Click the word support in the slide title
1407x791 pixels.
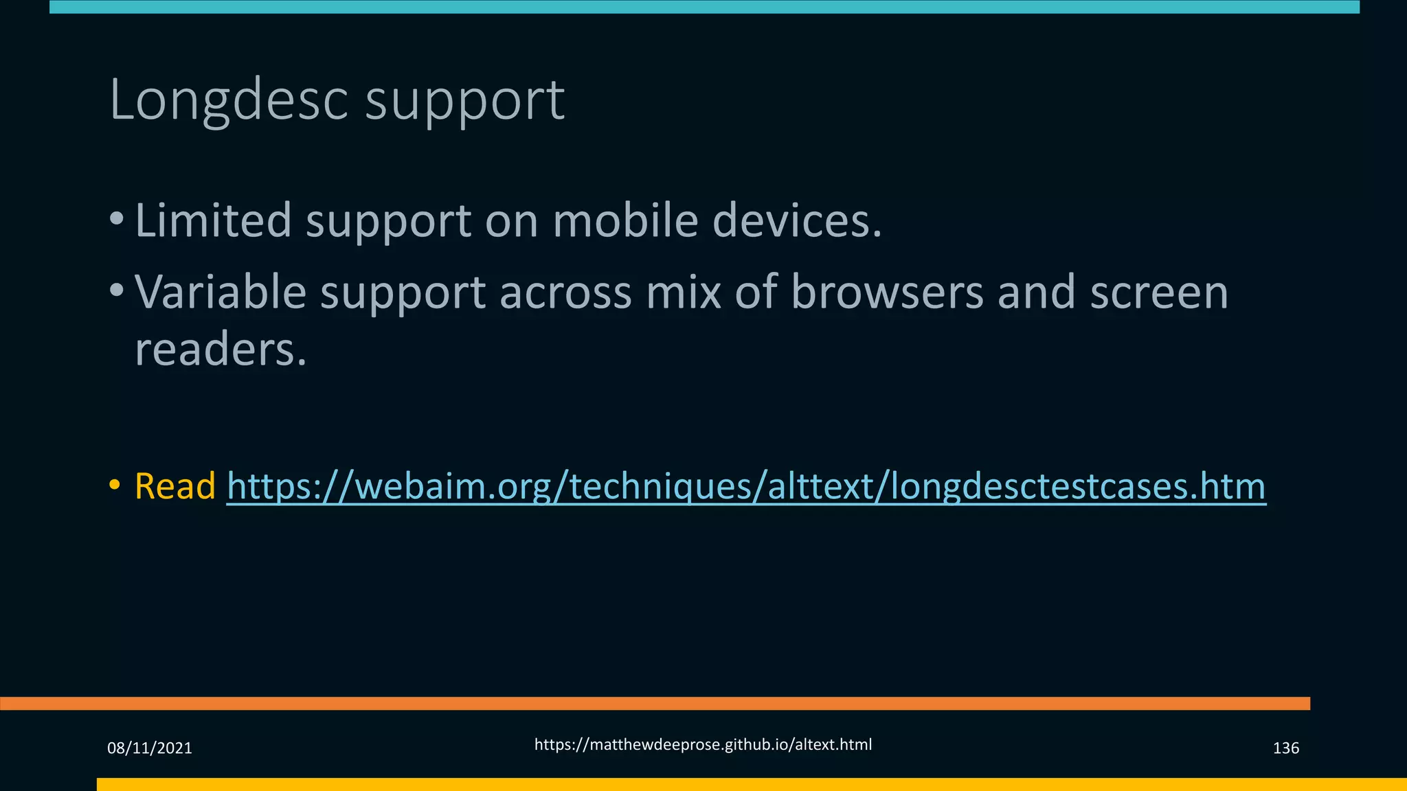click(464, 103)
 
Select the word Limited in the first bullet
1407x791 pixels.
click(214, 220)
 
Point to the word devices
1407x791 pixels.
click(797, 220)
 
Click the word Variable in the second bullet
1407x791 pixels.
click(221, 292)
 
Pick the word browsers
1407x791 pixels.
click(887, 292)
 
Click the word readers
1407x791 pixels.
click(220, 349)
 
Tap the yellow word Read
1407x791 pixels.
click(175, 486)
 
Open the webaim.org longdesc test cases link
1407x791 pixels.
click(746, 486)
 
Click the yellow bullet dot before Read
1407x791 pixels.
click(115, 485)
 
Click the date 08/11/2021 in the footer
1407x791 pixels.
click(150, 748)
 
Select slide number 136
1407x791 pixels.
click(1285, 748)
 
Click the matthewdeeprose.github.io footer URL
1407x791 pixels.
click(703, 744)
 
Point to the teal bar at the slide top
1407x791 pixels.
click(704, 7)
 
